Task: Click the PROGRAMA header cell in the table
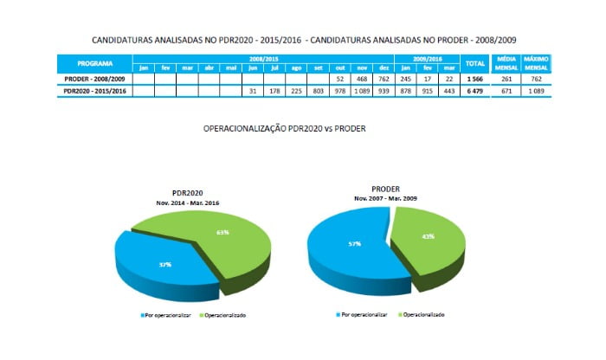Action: (93, 63)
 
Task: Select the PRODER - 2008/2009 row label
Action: (93, 79)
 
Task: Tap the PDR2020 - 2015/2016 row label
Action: (93, 90)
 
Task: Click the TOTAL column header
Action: (474, 63)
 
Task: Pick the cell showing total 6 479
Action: (474, 90)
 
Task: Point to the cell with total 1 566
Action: (474, 79)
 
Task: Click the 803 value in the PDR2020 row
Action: (318, 90)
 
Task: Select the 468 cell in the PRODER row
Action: (361, 79)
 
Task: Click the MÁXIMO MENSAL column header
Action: (536, 63)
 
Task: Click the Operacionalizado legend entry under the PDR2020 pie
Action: (222, 315)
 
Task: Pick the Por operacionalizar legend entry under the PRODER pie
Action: (362, 315)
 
